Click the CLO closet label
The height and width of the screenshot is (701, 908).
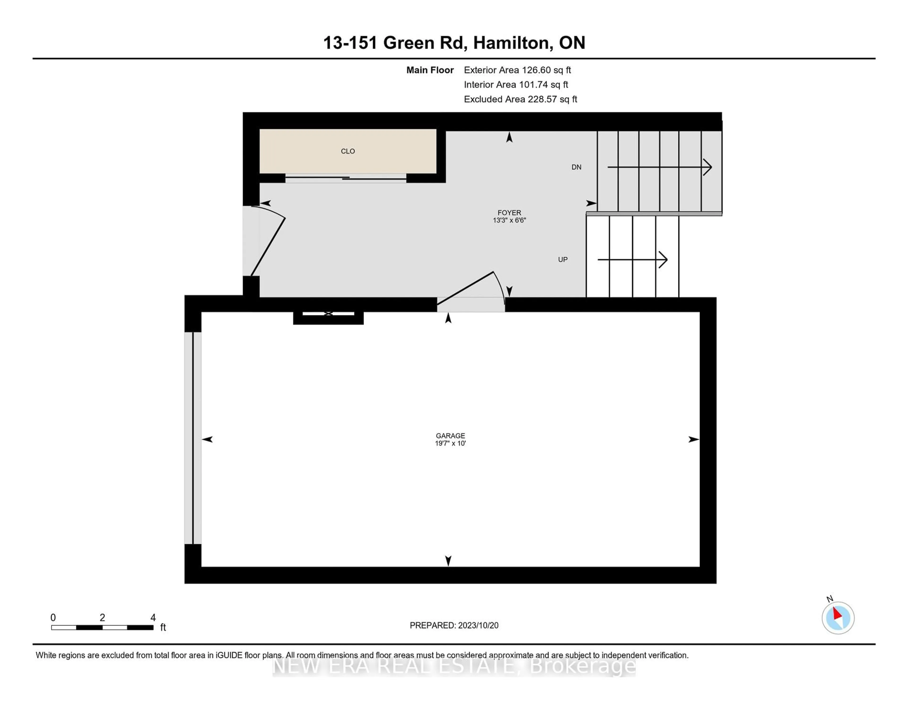coord(348,151)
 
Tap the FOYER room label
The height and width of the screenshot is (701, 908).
coord(509,213)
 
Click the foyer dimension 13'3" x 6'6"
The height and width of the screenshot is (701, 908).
coord(509,220)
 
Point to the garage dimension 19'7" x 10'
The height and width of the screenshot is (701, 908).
coord(450,443)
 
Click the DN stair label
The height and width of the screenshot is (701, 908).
coord(576,167)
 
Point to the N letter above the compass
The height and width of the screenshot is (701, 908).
coord(830,599)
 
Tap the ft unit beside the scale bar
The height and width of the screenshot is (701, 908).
coord(163,628)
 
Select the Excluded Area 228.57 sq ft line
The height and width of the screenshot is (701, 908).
coord(520,99)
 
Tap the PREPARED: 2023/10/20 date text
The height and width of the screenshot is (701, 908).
coord(454,625)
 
